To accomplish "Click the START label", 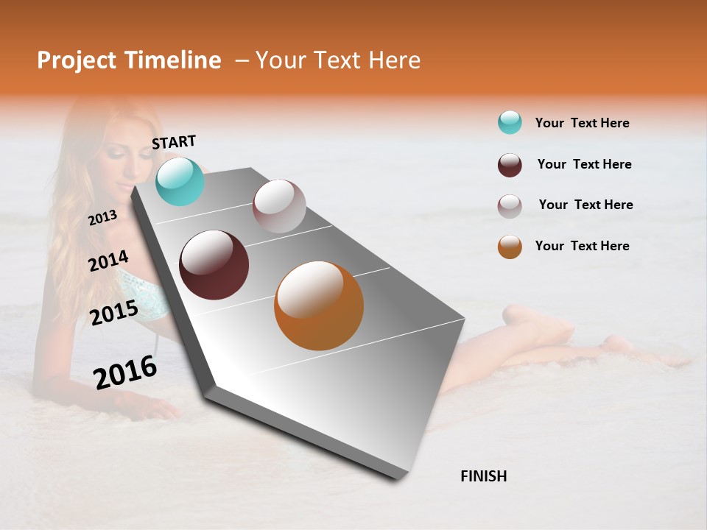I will coord(174,142).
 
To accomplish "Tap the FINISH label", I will coord(484,476).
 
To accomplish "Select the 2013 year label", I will coord(102,217).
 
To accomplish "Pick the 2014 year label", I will coord(108,261).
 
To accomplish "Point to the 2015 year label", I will coord(114,313).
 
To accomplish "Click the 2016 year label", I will coord(125,372).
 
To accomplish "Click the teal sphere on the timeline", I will coord(180,181).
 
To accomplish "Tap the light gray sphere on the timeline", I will coord(279,206).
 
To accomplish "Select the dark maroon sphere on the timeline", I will coord(214,265).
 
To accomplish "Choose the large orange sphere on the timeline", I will coord(319,305).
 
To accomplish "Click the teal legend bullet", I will coord(510,122).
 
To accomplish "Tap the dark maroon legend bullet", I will coord(510,165).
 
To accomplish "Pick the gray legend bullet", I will coord(510,206).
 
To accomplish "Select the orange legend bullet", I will coord(510,247).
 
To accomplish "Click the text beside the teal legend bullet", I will coord(582,123).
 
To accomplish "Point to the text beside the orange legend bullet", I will coord(582,246).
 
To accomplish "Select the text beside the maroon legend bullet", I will coord(584,164).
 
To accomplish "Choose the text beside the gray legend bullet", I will coord(585,205).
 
